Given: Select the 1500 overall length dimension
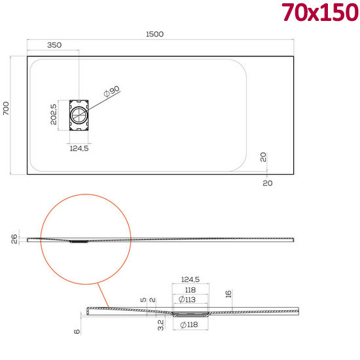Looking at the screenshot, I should coord(154,33).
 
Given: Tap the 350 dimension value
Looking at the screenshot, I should coord(55,45).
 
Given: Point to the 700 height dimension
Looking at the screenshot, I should coord(7,108).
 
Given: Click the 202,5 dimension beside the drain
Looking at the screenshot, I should coord(54,115).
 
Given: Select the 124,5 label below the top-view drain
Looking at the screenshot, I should coord(79,149).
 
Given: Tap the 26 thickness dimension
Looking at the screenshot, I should coord(14,240).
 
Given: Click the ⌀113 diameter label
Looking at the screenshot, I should coord(190,300).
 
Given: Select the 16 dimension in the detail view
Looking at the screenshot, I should coord(228,295).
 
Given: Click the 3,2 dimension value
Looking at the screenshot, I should coord(161,323).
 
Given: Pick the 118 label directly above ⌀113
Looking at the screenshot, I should coord(190,291).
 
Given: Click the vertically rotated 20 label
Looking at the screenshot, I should coord(262,157).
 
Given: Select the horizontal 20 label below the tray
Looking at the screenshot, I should coord(266,183).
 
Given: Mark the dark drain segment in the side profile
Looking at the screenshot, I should coord(79,241).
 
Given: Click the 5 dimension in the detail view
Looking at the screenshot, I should coord(143,300).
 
